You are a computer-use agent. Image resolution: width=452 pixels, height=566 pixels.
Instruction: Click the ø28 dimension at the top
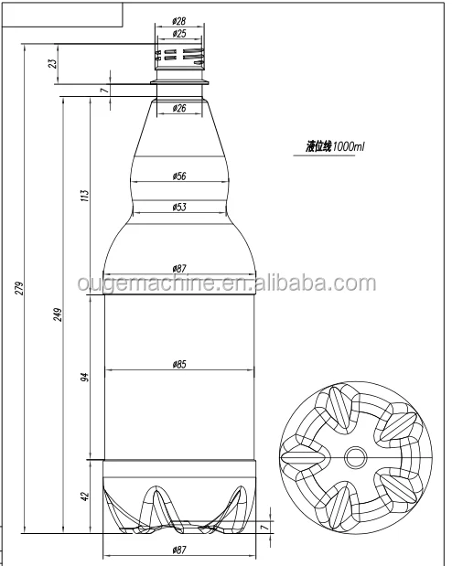tap(179, 20)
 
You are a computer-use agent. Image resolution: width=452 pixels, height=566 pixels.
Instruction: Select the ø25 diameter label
tap(179, 34)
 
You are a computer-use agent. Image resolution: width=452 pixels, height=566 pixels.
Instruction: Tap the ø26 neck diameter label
tap(179, 109)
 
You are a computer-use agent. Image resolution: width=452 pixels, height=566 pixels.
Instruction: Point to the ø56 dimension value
tap(179, 175)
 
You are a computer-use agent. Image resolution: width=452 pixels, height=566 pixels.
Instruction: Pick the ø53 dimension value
tap(179, 208)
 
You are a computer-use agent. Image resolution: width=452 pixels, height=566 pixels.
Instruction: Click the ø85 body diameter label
tap(179, 365)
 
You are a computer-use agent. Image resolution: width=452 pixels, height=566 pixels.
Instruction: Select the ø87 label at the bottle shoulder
tap(179, 268)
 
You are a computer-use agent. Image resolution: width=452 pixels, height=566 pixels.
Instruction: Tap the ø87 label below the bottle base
tap(179, 550)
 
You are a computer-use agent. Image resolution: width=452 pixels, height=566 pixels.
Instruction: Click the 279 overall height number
tap(18, 289)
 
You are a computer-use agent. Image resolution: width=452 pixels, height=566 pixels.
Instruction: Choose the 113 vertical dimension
tap(84, 195)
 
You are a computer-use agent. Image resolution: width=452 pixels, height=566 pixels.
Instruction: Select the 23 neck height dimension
tap(53, 63)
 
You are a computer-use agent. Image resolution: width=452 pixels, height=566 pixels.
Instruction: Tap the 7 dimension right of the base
tap(265, 528)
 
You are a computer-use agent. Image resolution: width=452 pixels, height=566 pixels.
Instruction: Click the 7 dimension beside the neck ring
tap(106, 89)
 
